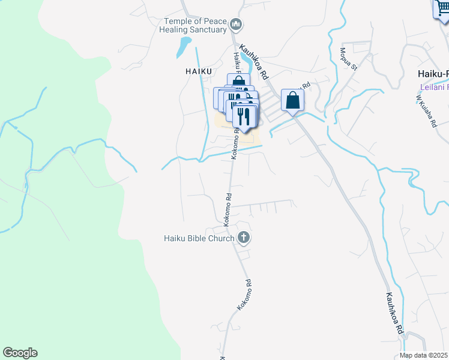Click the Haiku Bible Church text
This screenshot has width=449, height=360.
pos(199,238)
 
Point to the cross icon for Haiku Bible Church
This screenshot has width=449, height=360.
pos(244,238)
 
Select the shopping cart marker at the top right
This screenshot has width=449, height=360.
pos(442,8)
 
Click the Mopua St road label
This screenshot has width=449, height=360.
pos(349,59)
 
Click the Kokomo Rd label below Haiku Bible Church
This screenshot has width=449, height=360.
pos(243,294)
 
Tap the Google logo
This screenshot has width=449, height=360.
pos(20,353)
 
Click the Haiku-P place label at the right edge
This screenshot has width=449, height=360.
pos(433,74)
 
